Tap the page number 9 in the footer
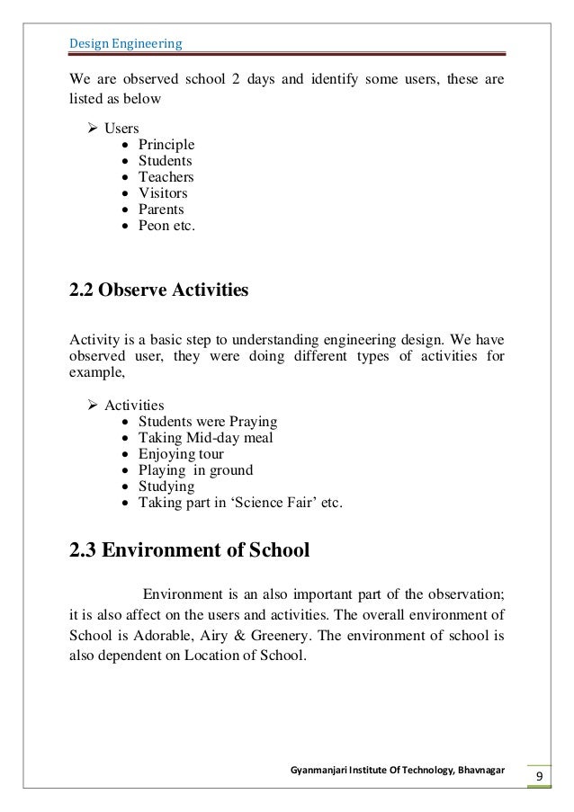pyautogui.click(x=538, y=777)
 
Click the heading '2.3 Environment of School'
pyautogui.click(x=189, y=549)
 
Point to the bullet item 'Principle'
pyautogui.click(x=166, y=145)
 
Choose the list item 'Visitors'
pyautogui.click(x=163, y=193)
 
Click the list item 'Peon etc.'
pyautogui.click(x=166, y=226)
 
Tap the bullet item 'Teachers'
pyautogui.click(x=166, y=177)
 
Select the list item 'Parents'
pyautogui.click(x=161, y=210)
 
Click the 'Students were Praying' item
pyautogui.click(x=207, y=422)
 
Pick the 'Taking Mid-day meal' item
pyautogui.click(x=205, y=438)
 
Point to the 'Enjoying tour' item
pyautogui.click(x=182, y=454)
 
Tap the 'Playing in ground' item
pyautogui.click(x=195, y=470)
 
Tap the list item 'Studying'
pyautogui.click(x=166, y=486)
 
